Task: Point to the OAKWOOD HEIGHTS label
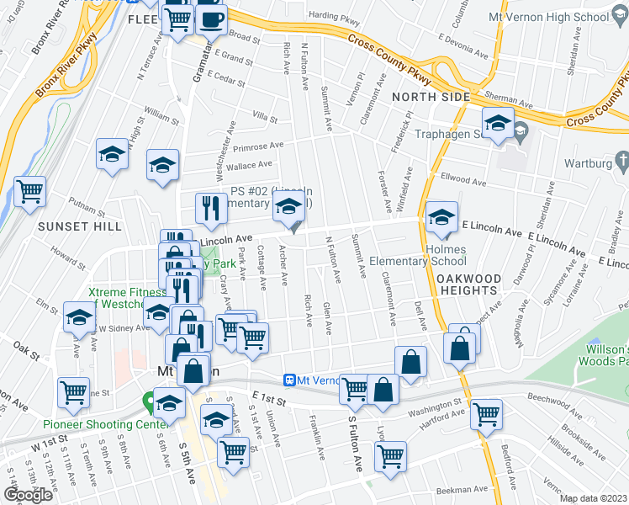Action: click(469, 284)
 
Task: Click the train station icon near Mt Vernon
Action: click(289, 380)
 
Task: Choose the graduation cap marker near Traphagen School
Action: click(497, 124)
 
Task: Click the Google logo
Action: click(27, 495)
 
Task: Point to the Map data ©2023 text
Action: click(593, 498)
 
